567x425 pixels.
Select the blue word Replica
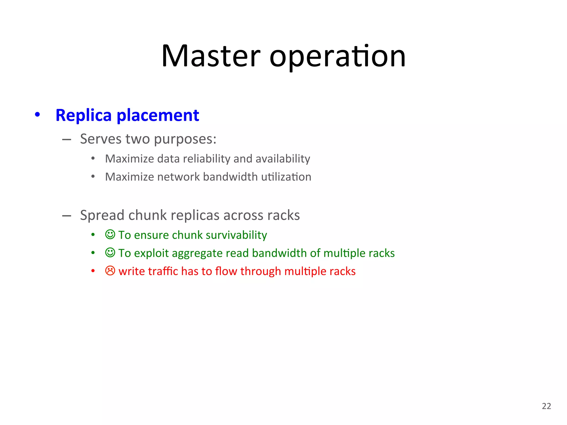pos(83,115)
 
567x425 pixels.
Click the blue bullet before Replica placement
pos(37,115)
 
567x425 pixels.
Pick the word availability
pos(283,159)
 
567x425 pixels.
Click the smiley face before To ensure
pos(110,235)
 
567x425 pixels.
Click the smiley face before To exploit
pos(110,253)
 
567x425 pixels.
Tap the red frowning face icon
pos(110,271)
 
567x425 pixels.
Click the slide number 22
pos(546,406)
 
